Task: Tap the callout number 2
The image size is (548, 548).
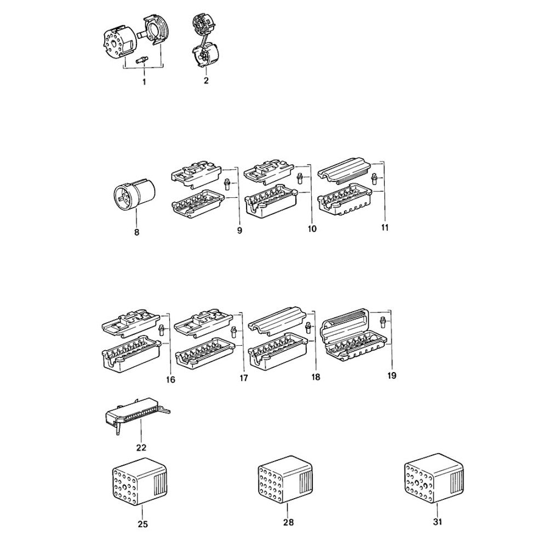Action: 206,81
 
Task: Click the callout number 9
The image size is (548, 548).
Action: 239,231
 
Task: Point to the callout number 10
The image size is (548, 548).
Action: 312,229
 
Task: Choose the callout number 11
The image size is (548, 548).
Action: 385,227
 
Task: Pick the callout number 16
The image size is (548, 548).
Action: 170,380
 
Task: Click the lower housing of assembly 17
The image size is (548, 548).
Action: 204,355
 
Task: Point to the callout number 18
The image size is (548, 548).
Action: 315,378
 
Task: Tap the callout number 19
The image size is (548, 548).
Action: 392,376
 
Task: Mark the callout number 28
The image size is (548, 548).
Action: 289,522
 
